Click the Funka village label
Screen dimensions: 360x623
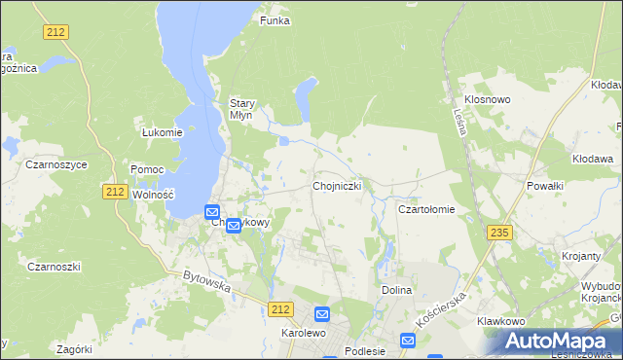click(x=275, y=20)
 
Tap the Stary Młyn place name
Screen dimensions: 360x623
click(x=241, y=108)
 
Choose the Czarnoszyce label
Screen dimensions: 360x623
click(x=57, y=164)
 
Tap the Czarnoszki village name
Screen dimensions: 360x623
click(x=54, y=267)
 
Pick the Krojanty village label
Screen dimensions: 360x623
click(x=580, y=256)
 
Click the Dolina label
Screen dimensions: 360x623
click(x=396, y=290)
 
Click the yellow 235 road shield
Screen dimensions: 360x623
click(x=500, y=232)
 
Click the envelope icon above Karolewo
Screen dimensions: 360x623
click(x=322, y=314)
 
